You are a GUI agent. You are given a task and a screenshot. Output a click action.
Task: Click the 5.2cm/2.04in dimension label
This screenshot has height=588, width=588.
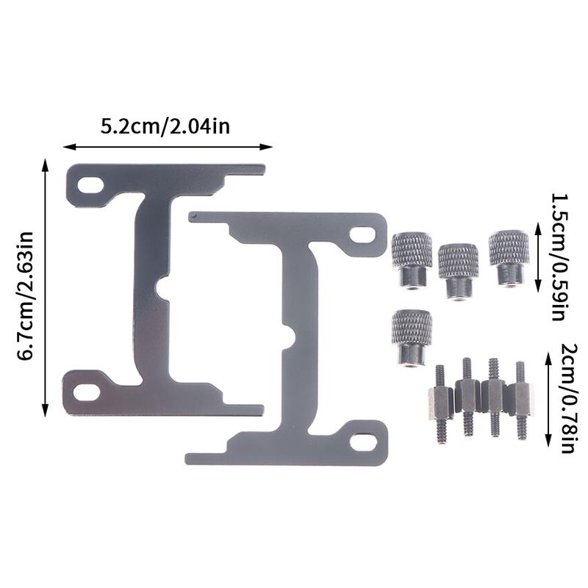click(165, 126)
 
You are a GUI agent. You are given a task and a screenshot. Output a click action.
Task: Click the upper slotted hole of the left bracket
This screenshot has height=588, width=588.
click(90, 185)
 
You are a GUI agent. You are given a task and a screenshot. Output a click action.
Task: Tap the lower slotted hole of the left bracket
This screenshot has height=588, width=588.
click(87, 392)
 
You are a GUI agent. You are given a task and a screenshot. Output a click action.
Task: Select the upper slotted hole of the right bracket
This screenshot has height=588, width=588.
click(362, 234)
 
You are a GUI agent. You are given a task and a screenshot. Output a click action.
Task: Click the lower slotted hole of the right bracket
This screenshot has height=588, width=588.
click(363, 442)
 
